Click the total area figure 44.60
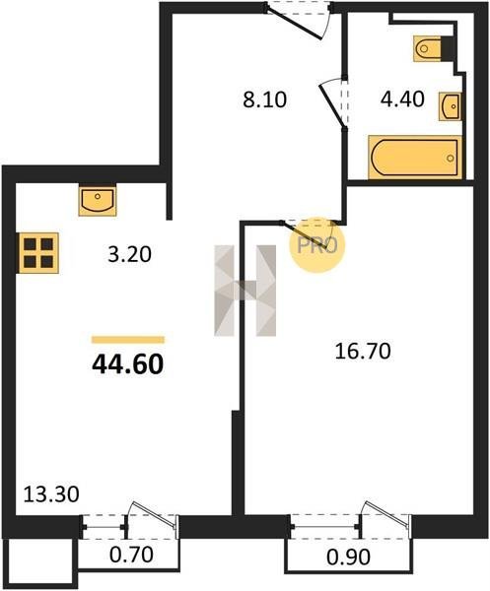point(128,364)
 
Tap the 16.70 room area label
point(363,352)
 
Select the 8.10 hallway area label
point(265,99)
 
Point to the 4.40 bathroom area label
point(403,99)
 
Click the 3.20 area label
point(129,254)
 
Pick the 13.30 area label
point(51,494)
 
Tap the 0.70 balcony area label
point(131,555)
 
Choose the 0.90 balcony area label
point(348,558)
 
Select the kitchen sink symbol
point(98,200)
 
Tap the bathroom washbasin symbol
point(450,106)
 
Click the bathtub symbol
point(415,158)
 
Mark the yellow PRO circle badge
point(317,245)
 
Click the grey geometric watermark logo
point(245,291)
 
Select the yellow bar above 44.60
point(128,340)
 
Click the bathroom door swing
point(332,102)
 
